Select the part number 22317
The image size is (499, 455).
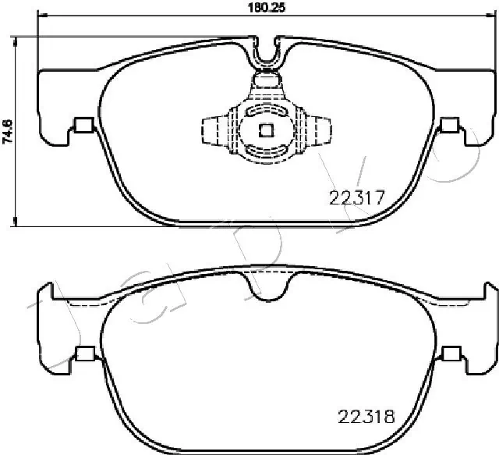click(x=356, y=198)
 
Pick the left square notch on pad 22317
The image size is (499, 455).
click(x=81, y=124)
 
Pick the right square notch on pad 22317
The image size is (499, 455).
click(x=449, y=124)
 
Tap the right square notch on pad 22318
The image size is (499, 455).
click(x=449, y=354)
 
